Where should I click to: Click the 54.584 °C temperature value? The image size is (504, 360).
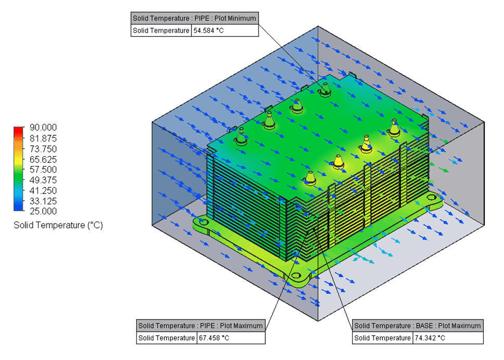[x=209, y=31]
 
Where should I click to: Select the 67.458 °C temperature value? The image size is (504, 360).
[x=214, y=338]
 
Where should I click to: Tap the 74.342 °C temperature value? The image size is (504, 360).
[x=430, y=338]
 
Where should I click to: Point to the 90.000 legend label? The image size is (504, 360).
[x=43, y=127]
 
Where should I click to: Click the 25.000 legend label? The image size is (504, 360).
[x=43, y=211]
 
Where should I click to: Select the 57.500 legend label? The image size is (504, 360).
[x=43, y=170]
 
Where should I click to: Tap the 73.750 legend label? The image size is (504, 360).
[x=43, y=149]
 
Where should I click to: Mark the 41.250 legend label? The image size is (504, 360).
[x=43, y=190]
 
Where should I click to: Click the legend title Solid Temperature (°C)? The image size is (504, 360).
[x=58, y=225]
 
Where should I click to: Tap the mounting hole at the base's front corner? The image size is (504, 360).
[x=296, y=276]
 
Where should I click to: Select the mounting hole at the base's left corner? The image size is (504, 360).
[x=203, y=222]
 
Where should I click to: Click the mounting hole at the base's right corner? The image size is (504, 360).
[x=431, y=197]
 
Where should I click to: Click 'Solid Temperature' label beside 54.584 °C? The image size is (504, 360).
[x=161, y=31]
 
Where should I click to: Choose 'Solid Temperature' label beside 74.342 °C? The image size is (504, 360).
[x=382, y=338]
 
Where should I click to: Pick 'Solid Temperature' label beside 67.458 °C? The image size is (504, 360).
[x=166, y=338]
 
